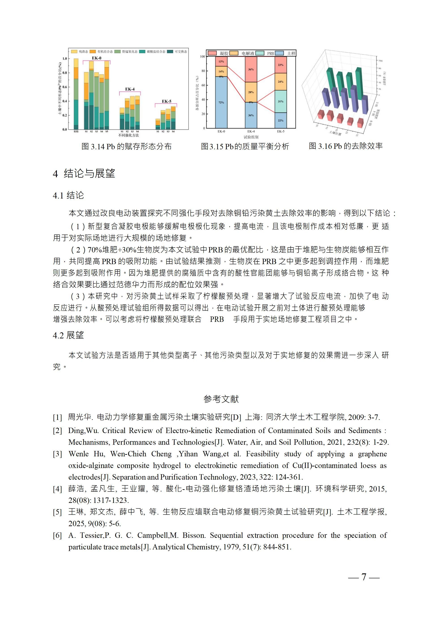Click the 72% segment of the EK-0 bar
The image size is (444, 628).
pyautogui.click(x=221, y=103)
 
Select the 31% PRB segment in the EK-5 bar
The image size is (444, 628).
pyautogui.click(x=280, y=101)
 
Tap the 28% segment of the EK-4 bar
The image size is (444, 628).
pyautogui.click(x=251, y=92)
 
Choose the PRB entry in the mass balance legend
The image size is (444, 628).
pyautogui.click(x=270, y=53)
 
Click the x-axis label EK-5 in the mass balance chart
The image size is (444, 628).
pyautogui.click(x=281, y=131)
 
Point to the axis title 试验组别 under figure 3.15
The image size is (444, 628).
pyautogui.click(x=251, y=137)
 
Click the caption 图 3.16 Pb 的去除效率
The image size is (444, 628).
pyautogui.click(x=346, y=146)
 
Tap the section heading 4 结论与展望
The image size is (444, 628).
pyautogui.click(x=84, y=173)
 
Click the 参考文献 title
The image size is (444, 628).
pyautogui.click(x=221, y=399)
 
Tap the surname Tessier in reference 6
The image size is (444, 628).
pyautogui.click(x=91, y=536)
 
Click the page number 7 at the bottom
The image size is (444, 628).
pyautogui.click(x=364, y=577)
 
